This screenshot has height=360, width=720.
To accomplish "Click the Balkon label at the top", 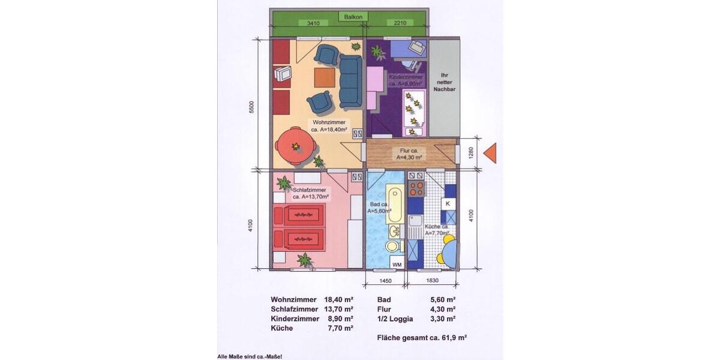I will tap(352, 17).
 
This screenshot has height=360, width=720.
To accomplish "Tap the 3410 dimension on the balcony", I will tap(313, 23).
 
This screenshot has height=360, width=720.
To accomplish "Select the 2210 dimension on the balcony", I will tap(400, 23).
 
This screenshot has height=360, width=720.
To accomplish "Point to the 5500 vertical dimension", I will tap(252, 107).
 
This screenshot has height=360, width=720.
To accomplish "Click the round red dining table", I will tap(295, 146).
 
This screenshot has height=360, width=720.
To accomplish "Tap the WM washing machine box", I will tap(396, 264).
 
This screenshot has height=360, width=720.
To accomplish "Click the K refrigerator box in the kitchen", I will tap(448, 203).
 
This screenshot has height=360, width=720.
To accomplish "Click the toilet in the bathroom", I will tap(392, 246).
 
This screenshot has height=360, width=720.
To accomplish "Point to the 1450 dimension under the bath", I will tap(385, 280).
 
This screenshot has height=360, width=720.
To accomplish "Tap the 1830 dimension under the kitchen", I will tap(431, 280).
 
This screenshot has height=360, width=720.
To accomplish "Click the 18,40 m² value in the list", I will tap(338, 299).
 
